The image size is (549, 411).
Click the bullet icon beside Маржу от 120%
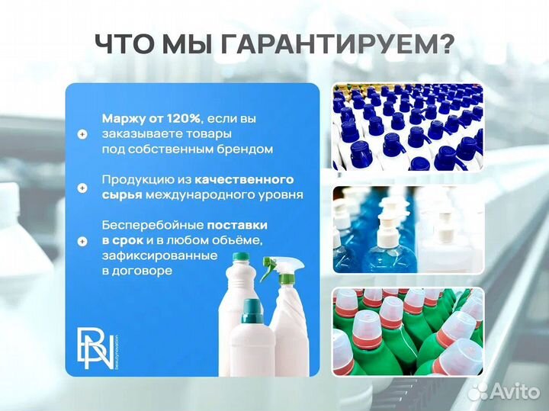(82, 133)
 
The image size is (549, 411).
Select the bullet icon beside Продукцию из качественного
(82, 187)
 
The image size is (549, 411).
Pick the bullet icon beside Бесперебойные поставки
(82, 241)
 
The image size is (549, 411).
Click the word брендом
(246, 149)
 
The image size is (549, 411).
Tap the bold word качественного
(244, 179)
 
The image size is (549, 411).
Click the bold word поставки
(237, 226)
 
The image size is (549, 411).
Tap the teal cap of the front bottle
(252, 309)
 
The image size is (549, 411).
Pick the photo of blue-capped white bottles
(407, 127)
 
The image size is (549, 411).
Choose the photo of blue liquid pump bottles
(407, 230)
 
